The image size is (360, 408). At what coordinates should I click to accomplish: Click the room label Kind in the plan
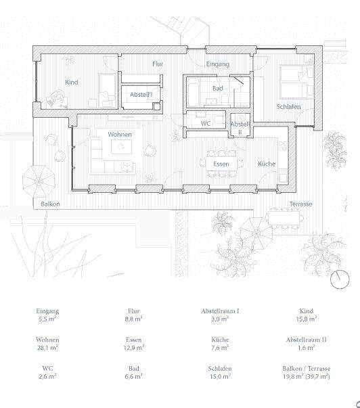tap(71, 83)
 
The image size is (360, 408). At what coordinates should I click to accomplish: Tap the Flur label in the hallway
tap(158, 64)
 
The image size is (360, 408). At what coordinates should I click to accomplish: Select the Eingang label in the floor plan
tap(219, 64)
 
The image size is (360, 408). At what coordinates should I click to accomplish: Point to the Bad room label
tap(217, 89)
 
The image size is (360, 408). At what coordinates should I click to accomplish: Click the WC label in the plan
tap(206, 124)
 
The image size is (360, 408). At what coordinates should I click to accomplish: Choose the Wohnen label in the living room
tap(119, 135)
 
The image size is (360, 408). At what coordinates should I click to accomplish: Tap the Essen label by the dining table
tap(221, 164)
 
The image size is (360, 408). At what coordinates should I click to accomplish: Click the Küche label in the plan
tap(267, 164)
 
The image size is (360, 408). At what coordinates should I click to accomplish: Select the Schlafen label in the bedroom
tap(288, 108)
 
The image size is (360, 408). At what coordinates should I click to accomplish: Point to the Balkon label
tap(50, 203)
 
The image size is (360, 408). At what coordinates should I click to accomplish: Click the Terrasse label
tap(300, 204)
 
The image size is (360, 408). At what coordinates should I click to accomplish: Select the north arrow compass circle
tap(339, 279)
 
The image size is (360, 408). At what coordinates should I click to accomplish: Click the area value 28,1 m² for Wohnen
tap(47, 349)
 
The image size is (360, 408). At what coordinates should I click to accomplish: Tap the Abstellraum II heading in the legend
tap(306, 340)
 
